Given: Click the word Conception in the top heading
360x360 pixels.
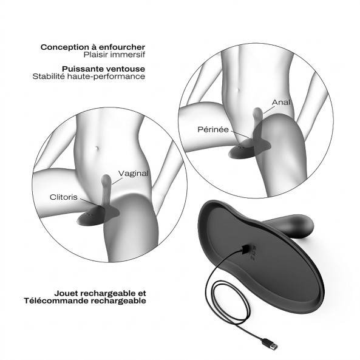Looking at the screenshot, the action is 65,47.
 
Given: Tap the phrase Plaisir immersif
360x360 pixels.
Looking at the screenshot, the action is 114,55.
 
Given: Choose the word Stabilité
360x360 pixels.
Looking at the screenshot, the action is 49,76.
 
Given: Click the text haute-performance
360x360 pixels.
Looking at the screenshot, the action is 106,76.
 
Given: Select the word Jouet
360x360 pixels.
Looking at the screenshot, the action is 67,293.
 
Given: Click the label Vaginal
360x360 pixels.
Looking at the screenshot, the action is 134,174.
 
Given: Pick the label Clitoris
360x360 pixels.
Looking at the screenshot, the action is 64,197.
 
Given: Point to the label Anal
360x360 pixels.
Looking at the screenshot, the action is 281,102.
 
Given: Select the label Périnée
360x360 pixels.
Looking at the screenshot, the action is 213,129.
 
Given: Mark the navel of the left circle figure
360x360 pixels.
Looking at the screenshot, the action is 97,148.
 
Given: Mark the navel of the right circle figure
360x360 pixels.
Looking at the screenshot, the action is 239,90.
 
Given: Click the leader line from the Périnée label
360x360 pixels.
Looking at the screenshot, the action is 240,135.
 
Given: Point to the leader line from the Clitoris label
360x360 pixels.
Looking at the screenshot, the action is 90,203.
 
